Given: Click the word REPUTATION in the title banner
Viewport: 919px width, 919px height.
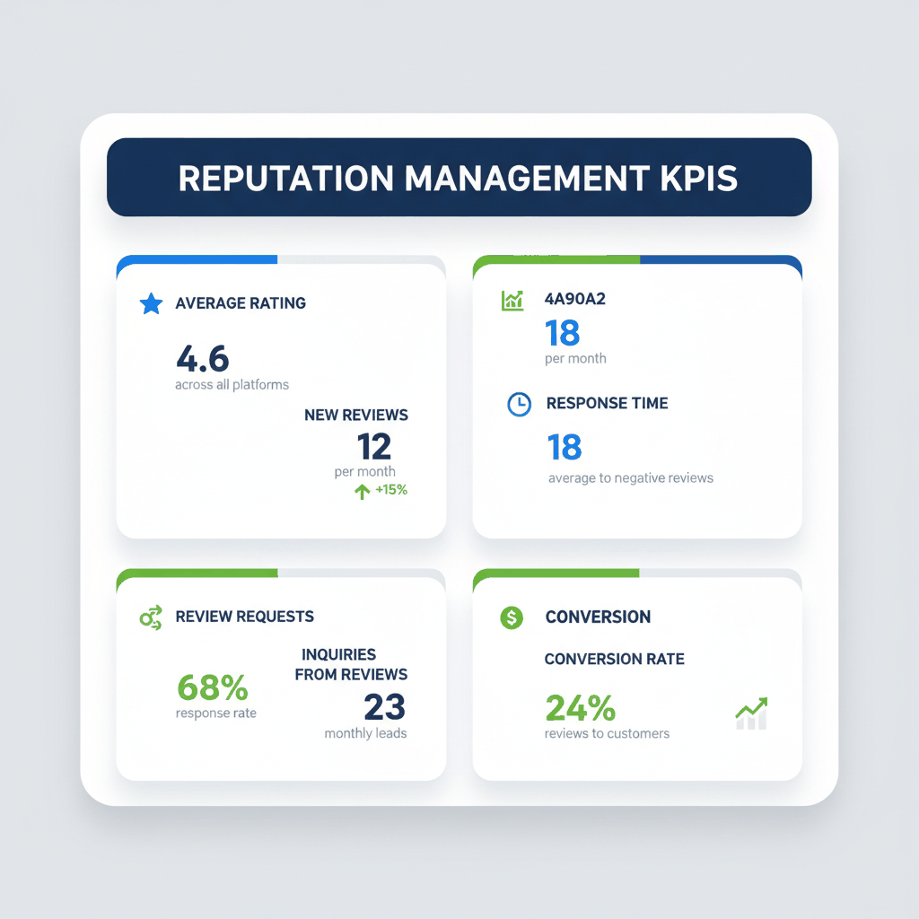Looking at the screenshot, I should tap(284, 178).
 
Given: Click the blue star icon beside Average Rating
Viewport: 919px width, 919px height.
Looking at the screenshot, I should tap(152, 303).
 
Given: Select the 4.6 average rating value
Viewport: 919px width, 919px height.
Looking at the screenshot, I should tap(203, 358).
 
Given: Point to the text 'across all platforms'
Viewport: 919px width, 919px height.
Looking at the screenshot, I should tap(232, 384).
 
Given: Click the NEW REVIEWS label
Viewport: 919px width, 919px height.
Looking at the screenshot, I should tap(356, 415).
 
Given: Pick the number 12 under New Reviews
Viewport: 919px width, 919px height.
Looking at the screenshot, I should tap(374, 446).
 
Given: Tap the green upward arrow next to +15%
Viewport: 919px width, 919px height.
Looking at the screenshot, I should tap(363, 491).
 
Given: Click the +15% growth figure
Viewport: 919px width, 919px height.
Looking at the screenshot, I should tap(391, 490).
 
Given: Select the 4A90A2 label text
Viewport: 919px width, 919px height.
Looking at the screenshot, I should tap(575, 299).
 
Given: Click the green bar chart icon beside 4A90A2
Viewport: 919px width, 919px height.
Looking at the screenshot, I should tap(512, 300).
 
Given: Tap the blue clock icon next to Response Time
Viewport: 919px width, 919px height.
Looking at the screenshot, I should tap(519, 404).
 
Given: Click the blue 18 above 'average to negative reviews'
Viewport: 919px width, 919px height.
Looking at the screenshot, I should tap(565, 447).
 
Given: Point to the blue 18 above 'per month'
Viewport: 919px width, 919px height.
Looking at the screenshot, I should tap(563, 334).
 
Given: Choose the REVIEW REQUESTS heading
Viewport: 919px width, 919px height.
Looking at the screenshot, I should tap(245, 617).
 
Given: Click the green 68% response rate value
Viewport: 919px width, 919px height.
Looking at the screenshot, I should tap(213, 687).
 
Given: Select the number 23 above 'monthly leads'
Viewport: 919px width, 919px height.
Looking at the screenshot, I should tap(385, 707).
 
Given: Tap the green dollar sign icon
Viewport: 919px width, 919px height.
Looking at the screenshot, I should tap(512, 617).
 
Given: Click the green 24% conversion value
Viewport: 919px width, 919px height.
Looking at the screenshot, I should tap(581, 708).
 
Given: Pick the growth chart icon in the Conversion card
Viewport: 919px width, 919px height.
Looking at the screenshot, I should tap(751, 713).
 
